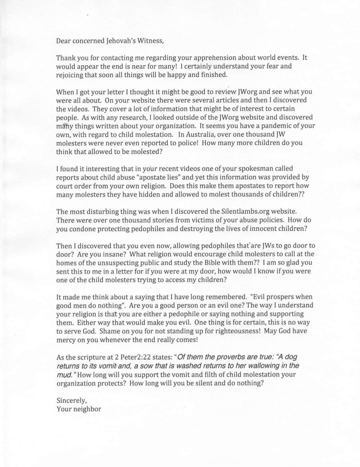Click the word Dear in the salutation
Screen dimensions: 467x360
pos(64,41)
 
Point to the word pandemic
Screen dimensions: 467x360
pos(268,125)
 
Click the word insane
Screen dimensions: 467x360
pos(103,254)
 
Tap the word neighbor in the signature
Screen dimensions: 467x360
pos(87,409)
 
